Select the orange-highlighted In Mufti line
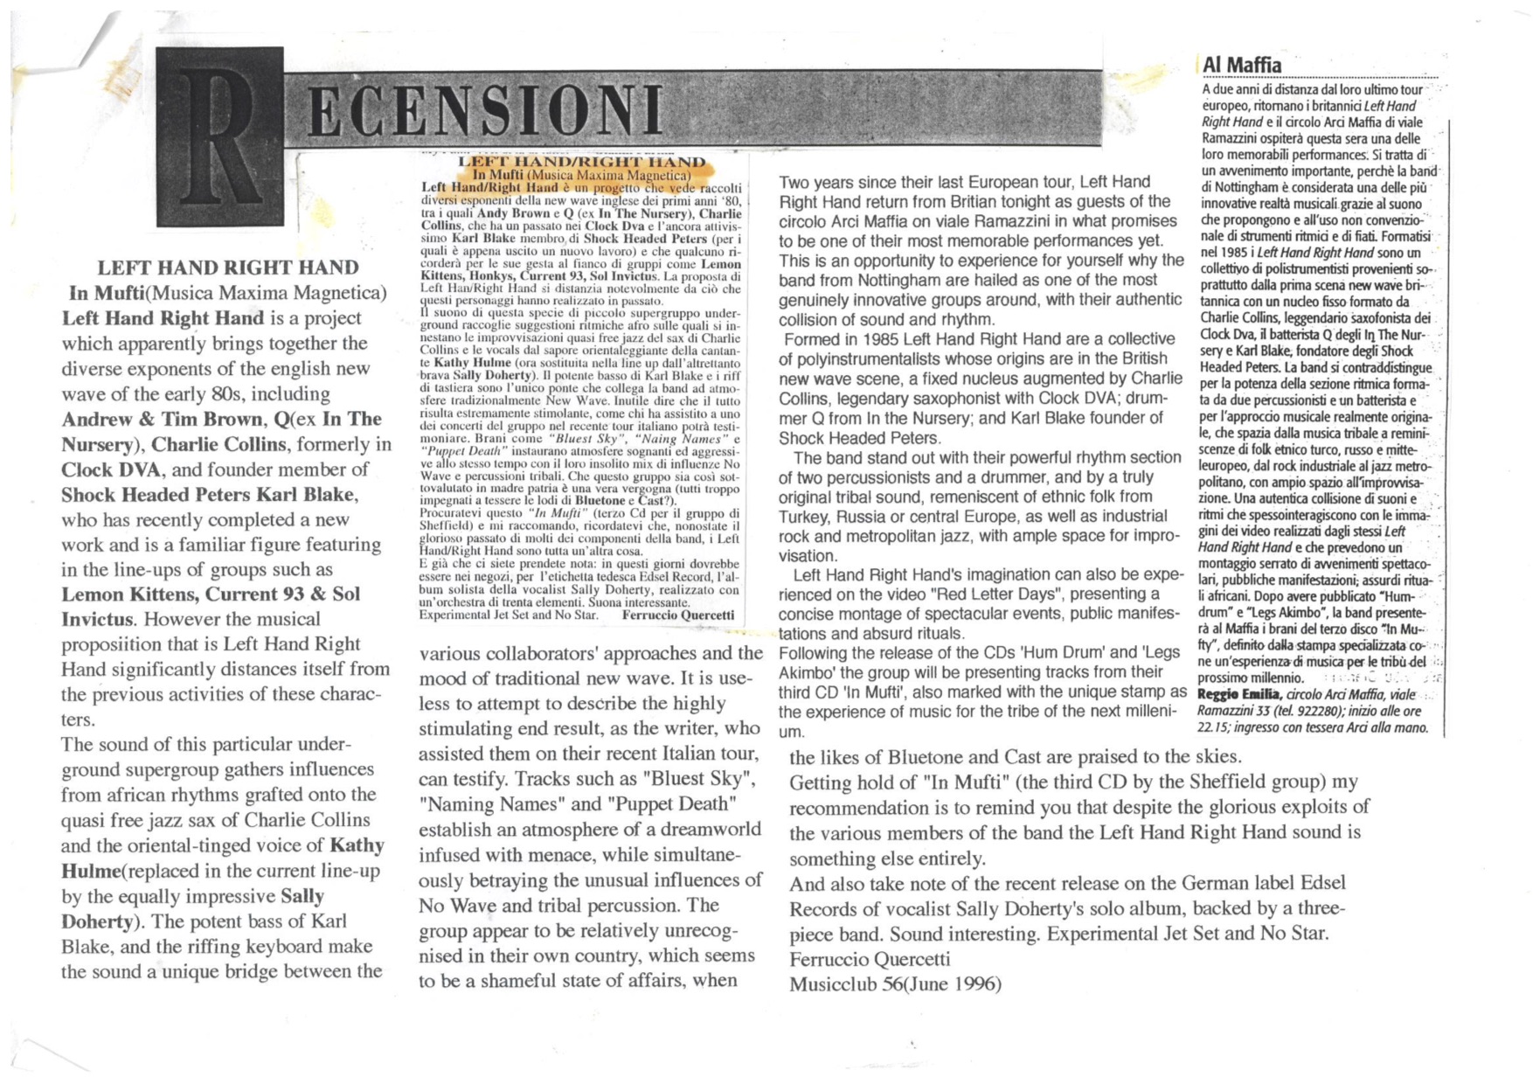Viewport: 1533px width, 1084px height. click(580, 174)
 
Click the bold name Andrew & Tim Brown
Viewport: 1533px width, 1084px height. click(162, 419)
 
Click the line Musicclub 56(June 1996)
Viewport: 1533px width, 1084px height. click(894, 984)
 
